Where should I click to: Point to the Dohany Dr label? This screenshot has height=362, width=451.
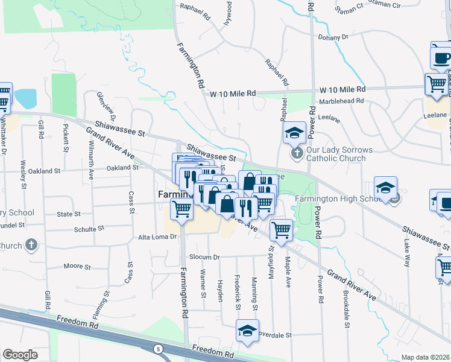[x=337, y=37]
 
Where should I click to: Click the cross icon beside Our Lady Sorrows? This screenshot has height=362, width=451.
[x=297, y=153]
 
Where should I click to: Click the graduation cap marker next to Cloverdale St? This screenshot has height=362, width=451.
[x=246, y=331]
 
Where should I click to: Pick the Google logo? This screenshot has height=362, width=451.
[x=20, y=354]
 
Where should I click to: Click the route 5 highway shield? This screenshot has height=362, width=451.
[x=157, y=349]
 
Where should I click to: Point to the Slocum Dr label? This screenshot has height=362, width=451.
[x=202, y=257]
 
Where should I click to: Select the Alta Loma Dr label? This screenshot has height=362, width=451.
[x=157, y=237]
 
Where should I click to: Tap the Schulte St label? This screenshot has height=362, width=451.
[x=89, y=229]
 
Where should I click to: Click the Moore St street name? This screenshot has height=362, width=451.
[x=77, y=266]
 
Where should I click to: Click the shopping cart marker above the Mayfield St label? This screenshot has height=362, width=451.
[x=281, y=230]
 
